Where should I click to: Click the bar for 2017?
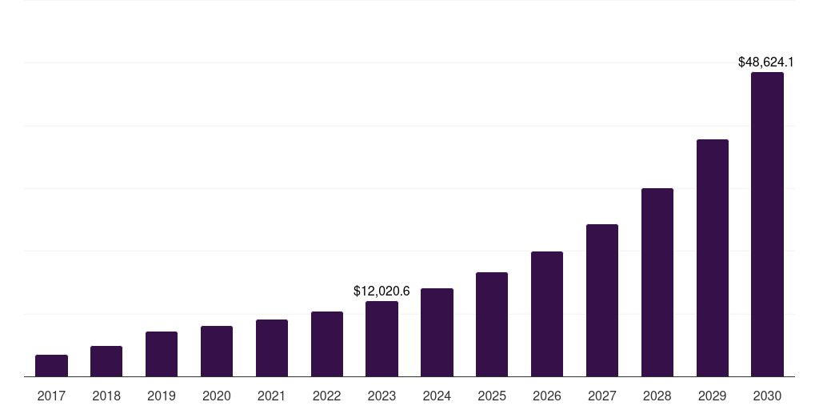pyautogui.click(x=51, y=366)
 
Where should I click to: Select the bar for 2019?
pyautogui.click(x=162, y=354)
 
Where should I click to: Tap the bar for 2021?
pyautogui.click(x=272, y=348)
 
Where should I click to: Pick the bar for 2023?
pyautogui.click(x=382, y=339)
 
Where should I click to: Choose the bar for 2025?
pyautogui.click(x=492, y=324)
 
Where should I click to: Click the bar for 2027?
pyautogui.click(x=602, y=300)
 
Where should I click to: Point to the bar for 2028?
pyautogui.click(x=657, y=283)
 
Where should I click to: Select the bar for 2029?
pyautogui.click(x=713, y=258)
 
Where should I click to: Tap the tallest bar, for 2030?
pyautogui.click(x=767, y=224)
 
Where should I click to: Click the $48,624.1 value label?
pyautogui.click(x=765, y=62)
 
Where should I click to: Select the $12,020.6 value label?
pyautogui.click(x=382, y=291)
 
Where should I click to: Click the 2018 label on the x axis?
pyautogui.click(x=106, y=396)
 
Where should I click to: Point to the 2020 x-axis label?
pyautogui.click(x=217, y=396)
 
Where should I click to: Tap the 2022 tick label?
pyautogui.click(x=327, y=396)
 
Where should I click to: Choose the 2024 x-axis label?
pyautogui.click(x=437, y=396)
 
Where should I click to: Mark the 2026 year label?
pyautogui.click(x=547, y=396)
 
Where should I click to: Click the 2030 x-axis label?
pyautogui.click(x=767, y=396)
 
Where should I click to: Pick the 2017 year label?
pyautogui.click(x=51, y=396)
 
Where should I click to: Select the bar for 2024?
pyautogui.click(x=437, y=332)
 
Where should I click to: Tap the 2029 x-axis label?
pyautogui.click(x=713, y=396)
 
